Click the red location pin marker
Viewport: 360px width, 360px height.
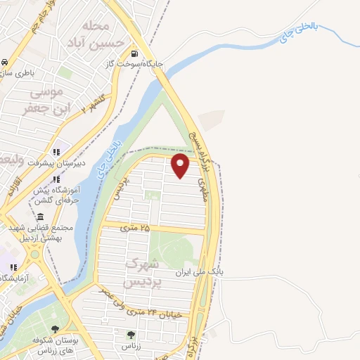coord(181,166)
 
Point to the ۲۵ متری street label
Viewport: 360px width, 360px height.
coord(136,227)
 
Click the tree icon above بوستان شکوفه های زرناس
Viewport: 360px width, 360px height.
coord(56,329)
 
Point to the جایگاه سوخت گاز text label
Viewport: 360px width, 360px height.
coord(140,64)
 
